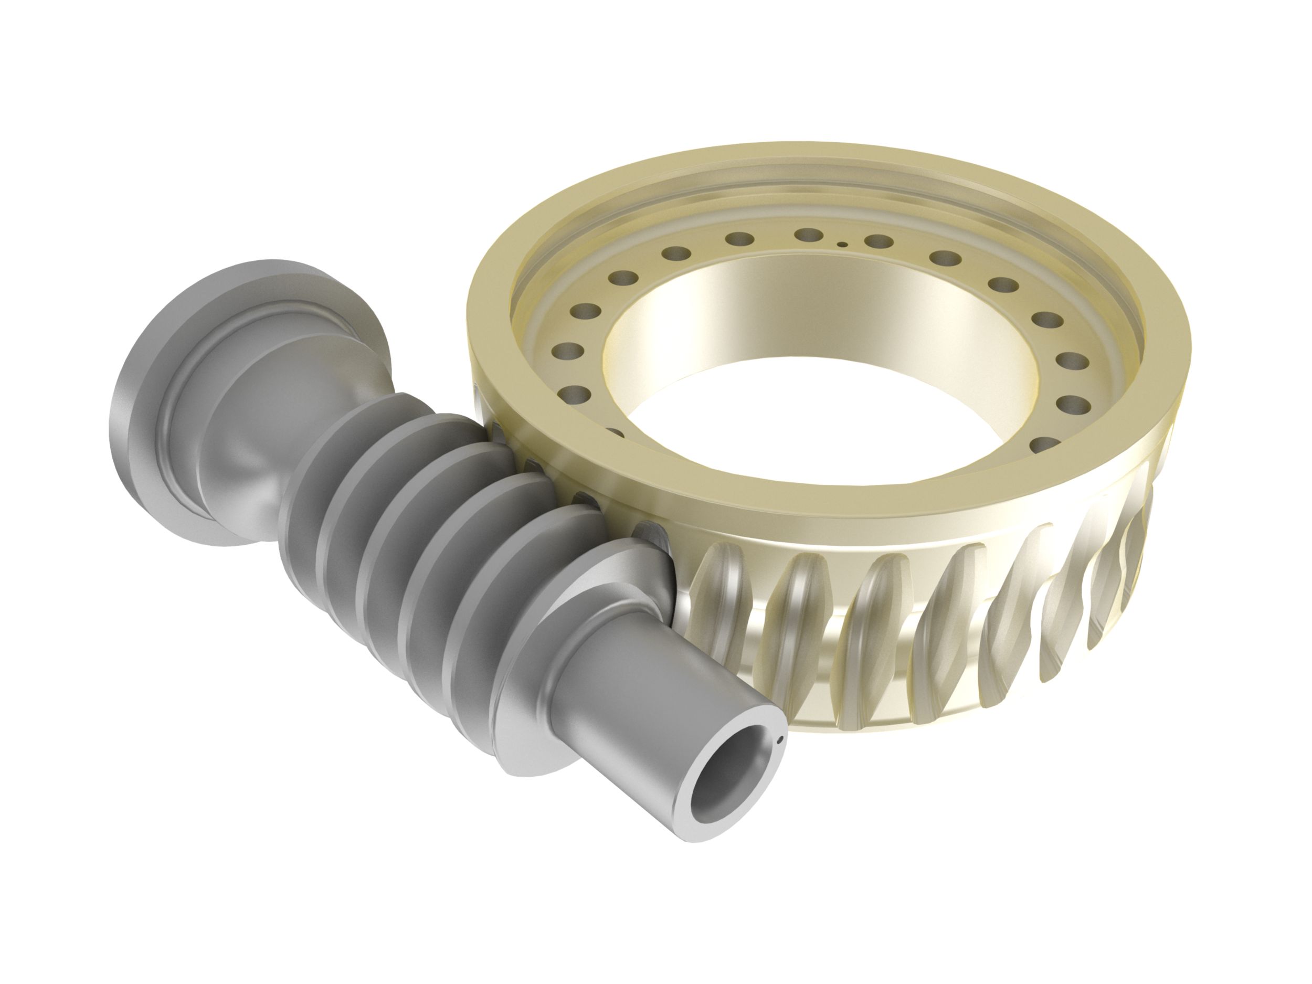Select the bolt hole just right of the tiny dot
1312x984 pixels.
point(879,241)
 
